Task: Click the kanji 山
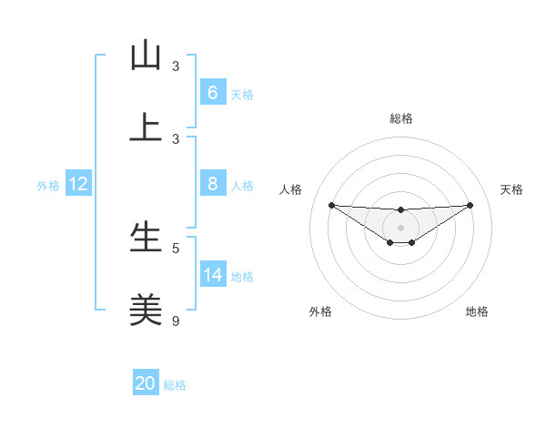coord(146,56)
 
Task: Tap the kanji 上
coord(146,128)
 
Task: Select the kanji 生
coord(146,238)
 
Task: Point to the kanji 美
coord(146,311)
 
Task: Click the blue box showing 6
coord(212,93)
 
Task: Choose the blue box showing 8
coord(212,184)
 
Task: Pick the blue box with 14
coord(212,275)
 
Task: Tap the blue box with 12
coord(78,184)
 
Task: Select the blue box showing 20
coord(146,383)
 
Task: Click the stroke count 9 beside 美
coord(176,321)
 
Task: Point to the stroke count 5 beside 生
coord(176,248)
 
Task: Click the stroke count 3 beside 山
coord(176,66)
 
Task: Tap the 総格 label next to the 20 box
coord(175,385)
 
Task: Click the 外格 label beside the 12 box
coord(48,186)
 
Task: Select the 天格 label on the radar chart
coord(511,189)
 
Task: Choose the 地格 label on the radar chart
coord(477,312)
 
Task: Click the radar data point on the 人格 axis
coord(331,205)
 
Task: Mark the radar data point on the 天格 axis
coord(470,205)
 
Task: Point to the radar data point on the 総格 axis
coord(400,210)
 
